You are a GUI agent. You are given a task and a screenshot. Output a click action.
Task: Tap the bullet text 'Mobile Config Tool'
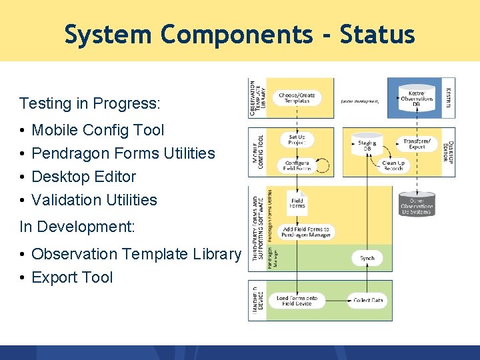tap(97, 130)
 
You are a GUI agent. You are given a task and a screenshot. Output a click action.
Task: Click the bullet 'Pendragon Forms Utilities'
tap(123, 153)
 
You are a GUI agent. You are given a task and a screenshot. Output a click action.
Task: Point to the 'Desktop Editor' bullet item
tap(83, 177)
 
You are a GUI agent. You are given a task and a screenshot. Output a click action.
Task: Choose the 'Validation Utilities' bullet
tap(94, 200)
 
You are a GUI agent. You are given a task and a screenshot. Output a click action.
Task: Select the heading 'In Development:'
tap(77, 227)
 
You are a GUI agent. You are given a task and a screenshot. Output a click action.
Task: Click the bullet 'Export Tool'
tap(72, 277)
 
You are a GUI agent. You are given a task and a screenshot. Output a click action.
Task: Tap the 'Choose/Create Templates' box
tap(297, 97)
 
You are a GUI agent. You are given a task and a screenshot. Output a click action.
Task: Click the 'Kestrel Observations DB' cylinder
tap(417, 97)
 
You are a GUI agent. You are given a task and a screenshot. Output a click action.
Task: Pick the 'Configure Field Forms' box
tap(297, 165)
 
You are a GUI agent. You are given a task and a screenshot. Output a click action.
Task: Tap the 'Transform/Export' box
tap(417, 144)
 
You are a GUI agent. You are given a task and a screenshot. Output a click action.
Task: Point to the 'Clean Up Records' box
tap(393, 165)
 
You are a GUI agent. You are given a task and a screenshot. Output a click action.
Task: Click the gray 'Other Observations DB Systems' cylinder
tap(417, 203)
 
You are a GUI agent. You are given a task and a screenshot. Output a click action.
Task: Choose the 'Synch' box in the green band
tap(367, 258)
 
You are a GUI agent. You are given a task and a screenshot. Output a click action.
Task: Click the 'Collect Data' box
tap(367, 300)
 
